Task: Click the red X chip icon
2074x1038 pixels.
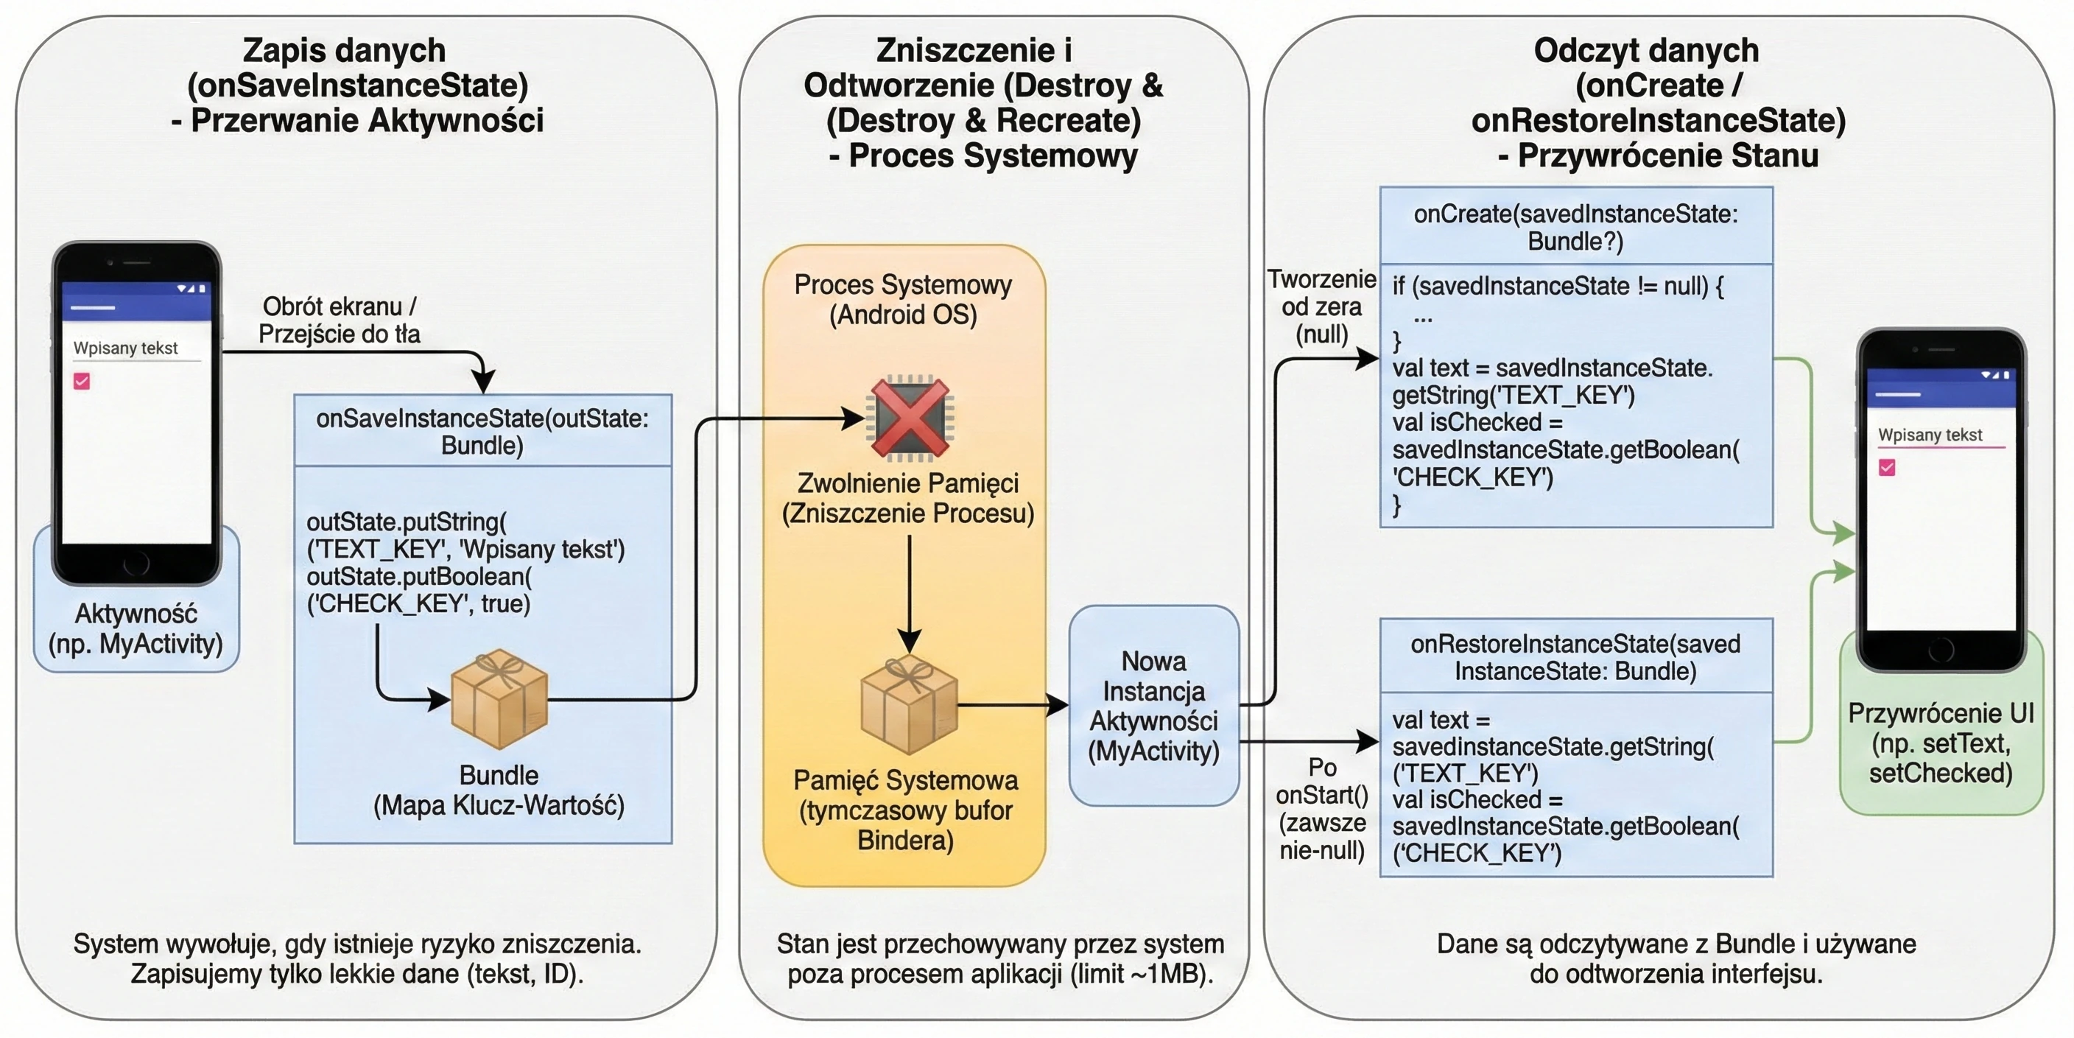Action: click(x=909, y=418)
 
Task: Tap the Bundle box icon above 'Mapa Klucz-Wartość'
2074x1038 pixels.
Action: click(x=499, y=698)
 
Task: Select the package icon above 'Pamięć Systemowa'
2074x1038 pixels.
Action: click(x=909, y=704)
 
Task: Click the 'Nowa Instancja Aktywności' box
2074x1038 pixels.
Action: click(x=1154, y=706)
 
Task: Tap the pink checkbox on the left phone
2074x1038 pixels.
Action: click(x=81, y=381)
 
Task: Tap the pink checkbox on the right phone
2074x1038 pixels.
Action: click(x=1886, y=467)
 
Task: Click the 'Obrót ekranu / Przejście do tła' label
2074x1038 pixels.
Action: click(x=339, y=320)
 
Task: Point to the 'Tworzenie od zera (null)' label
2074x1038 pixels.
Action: click(x=1321, y=306)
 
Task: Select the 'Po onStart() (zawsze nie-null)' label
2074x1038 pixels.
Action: click(x=1322, y=808)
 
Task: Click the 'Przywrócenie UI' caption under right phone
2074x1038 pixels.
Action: click(x=1941, y=743)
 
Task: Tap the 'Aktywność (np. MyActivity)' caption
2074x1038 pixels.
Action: click(x=136, y=628)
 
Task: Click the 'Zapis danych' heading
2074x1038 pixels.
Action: click(x=344, y=50)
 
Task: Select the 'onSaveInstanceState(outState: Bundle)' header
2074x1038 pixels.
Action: click(x=482, y=431)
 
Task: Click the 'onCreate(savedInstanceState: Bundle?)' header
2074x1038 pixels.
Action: click(x=1575, y=226)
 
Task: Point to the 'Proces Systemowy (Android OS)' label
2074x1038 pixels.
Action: click(x=904, y=299)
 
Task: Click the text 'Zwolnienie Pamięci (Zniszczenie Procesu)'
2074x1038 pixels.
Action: click(x=908, y=498)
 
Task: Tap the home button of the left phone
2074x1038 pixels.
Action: click(x=136, y=562)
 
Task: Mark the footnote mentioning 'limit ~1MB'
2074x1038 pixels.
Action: click(x=1000, y=958)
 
